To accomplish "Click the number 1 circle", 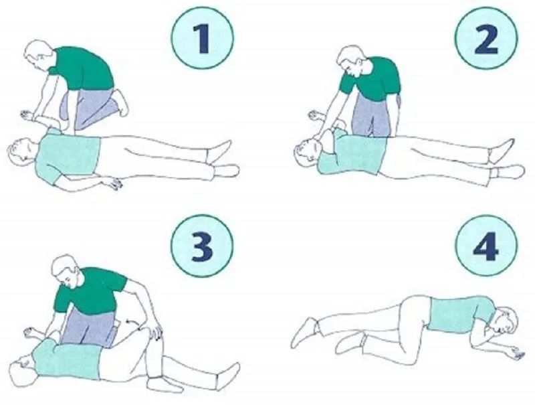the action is (203, 38).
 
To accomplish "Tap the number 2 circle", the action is (486, 38).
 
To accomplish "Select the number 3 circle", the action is (203, 246).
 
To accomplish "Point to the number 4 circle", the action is (486, 246).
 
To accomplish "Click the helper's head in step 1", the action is (39, 55).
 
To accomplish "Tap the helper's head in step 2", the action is (352, 61).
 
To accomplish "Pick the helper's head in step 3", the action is (68, 271).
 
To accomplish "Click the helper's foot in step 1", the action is (121, 103).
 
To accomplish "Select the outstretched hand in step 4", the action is (517, 353).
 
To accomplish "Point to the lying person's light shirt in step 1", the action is (68, 155).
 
